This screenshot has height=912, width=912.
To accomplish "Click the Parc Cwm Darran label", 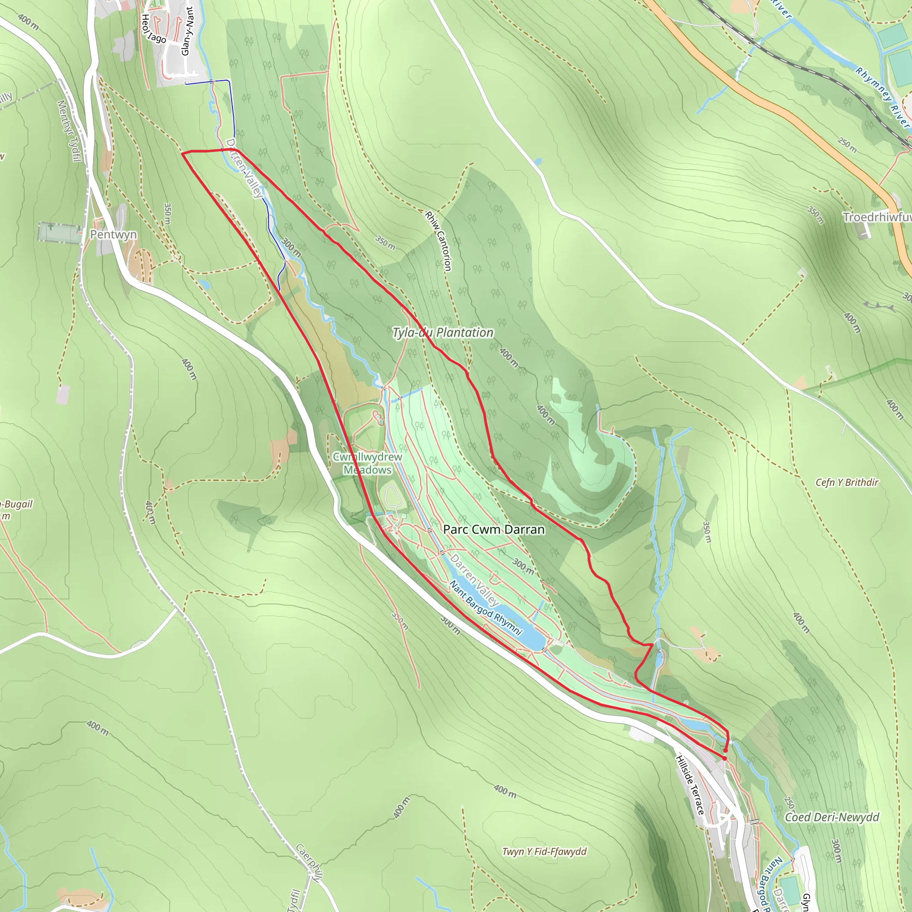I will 494,529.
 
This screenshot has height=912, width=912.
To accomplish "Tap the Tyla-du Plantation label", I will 443,333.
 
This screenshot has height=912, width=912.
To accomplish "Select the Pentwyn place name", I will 113,235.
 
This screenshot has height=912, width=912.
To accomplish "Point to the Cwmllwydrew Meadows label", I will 367,463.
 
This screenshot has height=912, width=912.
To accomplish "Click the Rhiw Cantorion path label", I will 439,241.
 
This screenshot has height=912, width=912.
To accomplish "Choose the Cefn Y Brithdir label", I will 847,482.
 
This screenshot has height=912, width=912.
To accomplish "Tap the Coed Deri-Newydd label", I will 832,817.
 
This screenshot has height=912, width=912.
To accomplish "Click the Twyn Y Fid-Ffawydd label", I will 544,851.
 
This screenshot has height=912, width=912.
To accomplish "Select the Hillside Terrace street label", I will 690,785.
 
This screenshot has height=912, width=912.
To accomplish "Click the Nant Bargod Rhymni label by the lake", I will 486,608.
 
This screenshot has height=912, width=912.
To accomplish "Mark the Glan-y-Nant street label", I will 187,31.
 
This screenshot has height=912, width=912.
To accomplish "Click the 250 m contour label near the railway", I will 847,145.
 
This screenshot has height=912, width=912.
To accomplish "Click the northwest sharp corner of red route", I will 183,154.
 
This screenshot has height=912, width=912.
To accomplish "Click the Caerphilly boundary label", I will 309,862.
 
